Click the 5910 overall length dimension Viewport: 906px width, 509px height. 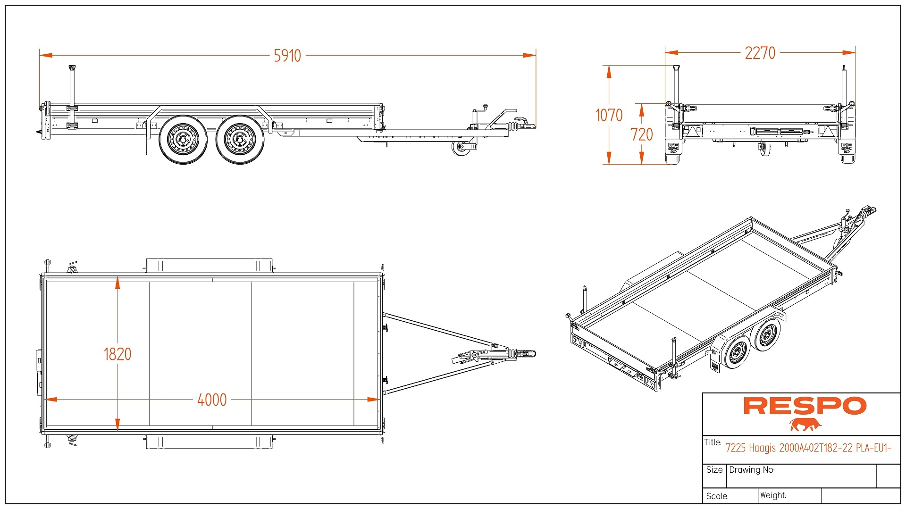click(287, 56)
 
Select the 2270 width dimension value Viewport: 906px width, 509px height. click(760, 53)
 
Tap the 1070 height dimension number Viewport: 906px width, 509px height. click(609, 115)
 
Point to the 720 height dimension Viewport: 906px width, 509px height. click(642, 134)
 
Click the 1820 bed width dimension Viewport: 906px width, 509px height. click(117, 354)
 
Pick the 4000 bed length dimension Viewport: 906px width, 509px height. click(212, 400)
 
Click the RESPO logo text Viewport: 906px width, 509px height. click(805, 406)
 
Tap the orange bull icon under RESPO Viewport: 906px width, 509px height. click(805, 425)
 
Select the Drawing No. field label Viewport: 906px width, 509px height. click(752, 470)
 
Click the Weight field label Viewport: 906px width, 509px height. click(773, 495)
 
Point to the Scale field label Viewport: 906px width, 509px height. click(717, 496)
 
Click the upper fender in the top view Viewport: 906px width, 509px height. click(210, 265)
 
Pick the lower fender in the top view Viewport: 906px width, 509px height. click(210, 442)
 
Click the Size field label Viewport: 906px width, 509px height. click(714, 470)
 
